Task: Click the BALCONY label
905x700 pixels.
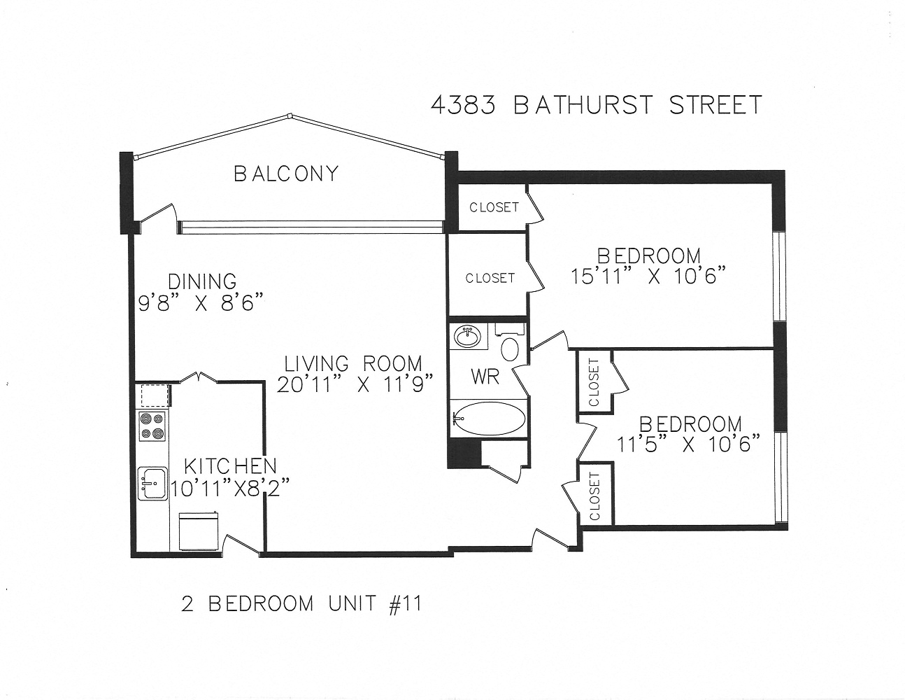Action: [285, 173]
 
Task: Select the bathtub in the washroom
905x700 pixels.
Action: [487, 419]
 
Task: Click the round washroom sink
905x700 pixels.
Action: [468, 337]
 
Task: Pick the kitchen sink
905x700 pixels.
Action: [152, 482]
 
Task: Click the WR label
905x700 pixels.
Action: [485, 377]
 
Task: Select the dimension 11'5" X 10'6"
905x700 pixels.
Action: [689, 444]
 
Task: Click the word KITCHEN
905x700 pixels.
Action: [229, 466]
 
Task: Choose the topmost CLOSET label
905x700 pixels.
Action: [494, 207]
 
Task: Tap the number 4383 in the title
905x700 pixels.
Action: [463, 105]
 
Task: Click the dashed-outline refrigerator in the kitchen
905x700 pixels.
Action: [153, 395]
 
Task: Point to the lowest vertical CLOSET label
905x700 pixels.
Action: [595, 496]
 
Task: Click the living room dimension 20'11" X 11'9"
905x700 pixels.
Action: [355, 385]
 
